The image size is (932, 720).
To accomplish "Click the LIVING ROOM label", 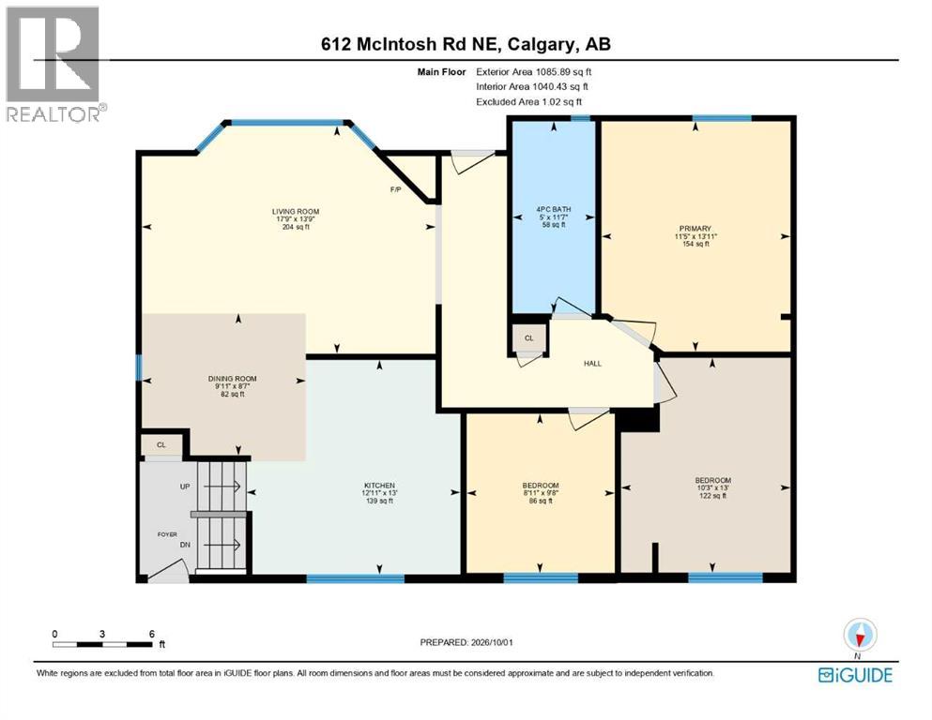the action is [x=296, y=211].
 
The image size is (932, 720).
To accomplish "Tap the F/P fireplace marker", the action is [x=395, y=190].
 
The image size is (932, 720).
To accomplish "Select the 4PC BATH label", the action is [x=554, y=209].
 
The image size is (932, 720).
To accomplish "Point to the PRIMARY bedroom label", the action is [x=695, y=229].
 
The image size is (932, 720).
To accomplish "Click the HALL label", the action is [x=592, y=363].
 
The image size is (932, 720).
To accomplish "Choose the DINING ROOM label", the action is [x=233, y=379].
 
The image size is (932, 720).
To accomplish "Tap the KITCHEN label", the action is [x=378, y=486].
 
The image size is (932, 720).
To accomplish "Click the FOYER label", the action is [x=167, y=534].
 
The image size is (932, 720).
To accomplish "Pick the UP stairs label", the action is [x=185, y=487].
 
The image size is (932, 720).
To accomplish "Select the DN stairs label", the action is [x=185, y=545].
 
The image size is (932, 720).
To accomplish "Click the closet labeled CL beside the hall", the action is [x=529, y=338].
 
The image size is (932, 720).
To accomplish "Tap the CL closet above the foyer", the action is [x=161, y=444].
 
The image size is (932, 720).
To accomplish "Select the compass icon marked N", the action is [x=859, y=636].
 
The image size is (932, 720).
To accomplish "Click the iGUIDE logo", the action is [x=855, y=675].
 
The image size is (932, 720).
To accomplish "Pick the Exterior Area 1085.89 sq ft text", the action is [x=534, y=72].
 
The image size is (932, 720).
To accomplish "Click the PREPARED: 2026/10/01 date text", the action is [x=466, y=642].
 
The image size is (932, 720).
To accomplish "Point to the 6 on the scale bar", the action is [x=152, y=634].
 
